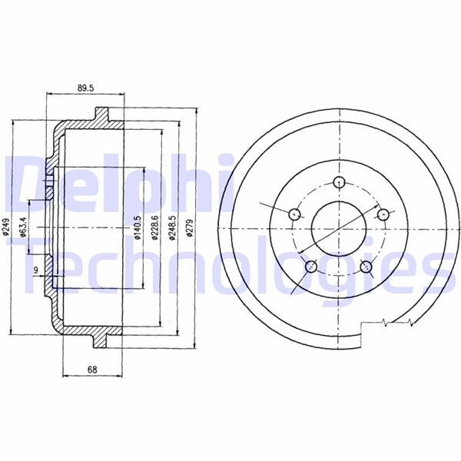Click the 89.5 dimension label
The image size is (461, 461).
pyautogui.click(x=85, y=88)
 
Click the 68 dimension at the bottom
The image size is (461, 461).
pyautogui.click(x=92, y=370)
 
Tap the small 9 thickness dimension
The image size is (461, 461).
pyautogui.click(x=35, y=270)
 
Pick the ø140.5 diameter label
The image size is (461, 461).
pyautogui.click(x=138, y=228)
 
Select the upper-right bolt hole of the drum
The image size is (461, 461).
pyautogui.click(x=382, y=214)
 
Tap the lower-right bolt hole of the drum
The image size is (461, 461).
pyautogui.click(x=366, y=267)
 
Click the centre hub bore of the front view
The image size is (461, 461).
pyautogui.click(x=339, y=229)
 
